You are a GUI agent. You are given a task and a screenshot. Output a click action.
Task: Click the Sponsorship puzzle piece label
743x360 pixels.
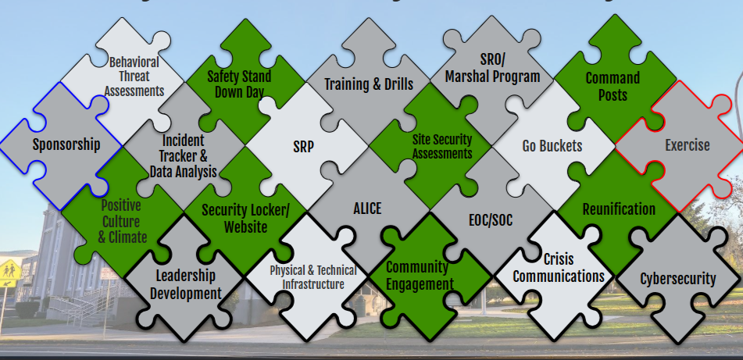[66, 144]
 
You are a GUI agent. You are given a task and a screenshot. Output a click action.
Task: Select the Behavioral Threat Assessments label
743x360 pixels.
[134, 76]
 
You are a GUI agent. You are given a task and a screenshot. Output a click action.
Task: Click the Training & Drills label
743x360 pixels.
[369, 84]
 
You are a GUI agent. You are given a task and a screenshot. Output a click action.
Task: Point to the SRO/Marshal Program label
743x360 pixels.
[492, 68]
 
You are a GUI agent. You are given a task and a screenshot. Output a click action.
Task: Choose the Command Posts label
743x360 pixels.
[613, 86]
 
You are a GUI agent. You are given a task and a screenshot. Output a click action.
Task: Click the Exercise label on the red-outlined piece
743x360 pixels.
[688, 144]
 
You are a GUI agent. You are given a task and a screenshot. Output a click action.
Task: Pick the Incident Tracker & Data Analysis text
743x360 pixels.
[184, 155]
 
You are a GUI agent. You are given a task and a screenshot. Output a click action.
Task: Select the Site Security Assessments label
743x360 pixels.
[441, 146]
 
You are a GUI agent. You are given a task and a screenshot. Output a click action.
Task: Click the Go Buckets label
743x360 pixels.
[552, 146]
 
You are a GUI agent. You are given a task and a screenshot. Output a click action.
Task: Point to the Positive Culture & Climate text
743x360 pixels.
[121, 222]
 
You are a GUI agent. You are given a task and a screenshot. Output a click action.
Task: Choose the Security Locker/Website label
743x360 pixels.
[245, 218]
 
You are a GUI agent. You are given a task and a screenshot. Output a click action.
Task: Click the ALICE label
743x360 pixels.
[367, 209]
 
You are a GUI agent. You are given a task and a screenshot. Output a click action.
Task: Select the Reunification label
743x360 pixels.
[619, 209]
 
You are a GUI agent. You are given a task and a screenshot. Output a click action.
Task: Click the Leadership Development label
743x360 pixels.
[186, 284]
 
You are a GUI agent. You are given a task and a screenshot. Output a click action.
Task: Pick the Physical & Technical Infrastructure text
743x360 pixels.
[313, 277]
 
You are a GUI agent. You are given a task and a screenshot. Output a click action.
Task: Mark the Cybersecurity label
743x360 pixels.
[678, 279]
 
